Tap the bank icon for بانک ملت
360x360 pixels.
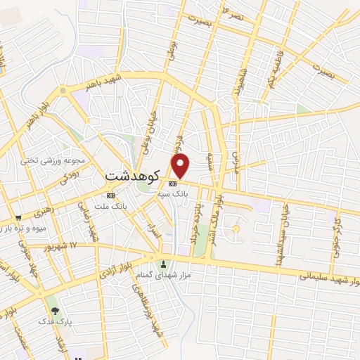(x=110, y=195)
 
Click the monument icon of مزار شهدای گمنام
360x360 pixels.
(x=165, y=264)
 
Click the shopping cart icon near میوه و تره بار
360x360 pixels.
(x=18, y=217)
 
